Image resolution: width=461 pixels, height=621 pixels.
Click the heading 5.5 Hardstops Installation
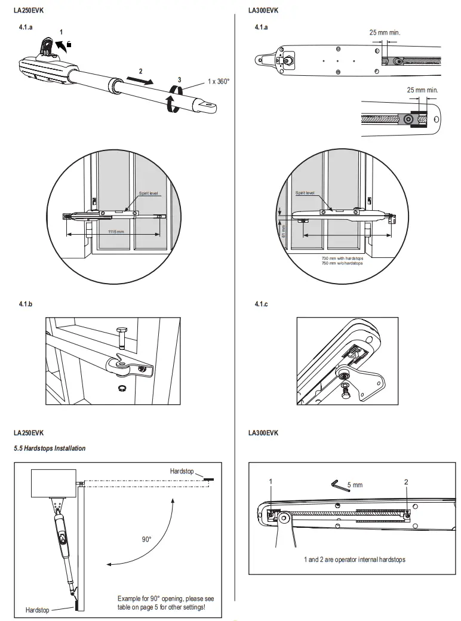coord(50,448)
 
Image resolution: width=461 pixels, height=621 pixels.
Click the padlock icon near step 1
coord(69,44)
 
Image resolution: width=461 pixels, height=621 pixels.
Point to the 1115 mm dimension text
coord(116,231)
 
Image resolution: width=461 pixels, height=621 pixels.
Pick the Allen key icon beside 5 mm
coord(337,484)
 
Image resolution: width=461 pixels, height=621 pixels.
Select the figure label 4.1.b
coord(26,305)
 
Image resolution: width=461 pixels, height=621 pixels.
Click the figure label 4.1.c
coord(261,305)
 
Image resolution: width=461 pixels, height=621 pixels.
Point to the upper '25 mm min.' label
coord(385,32)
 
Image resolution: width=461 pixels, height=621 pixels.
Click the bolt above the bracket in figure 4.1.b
coord(121,338)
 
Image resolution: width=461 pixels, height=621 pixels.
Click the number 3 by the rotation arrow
coord(179,80)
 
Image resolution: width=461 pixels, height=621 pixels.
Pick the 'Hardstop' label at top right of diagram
coord(182,471)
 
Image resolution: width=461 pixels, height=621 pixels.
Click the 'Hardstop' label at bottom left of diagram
coord(38,610)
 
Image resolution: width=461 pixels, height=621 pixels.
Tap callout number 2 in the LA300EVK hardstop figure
coord(407,481)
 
